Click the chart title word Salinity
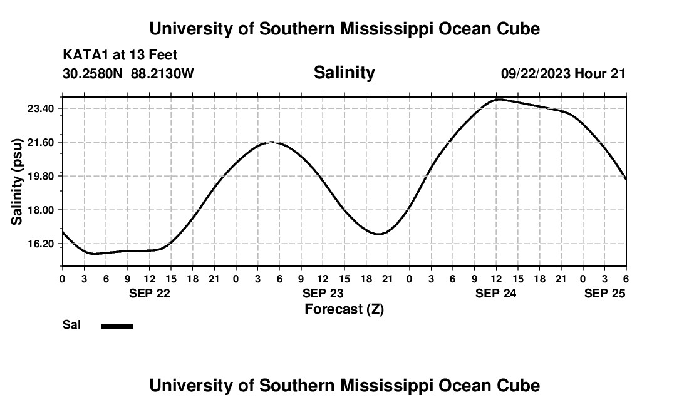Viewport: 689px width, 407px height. coord(344,73)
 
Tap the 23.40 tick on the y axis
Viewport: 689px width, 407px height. coord(41,109)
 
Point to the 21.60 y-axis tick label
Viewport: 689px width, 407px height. coord(41,143)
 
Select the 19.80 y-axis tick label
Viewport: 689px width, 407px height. coord(41,176)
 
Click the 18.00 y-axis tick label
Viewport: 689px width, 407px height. coord(41,210)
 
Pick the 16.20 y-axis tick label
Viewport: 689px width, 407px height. coord(41,244)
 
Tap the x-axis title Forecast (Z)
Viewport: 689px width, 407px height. coord(344,309)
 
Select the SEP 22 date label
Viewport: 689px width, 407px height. coord(149,293)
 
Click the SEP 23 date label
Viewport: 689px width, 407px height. coord(323,293)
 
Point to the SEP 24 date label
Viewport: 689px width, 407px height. coord(496,293)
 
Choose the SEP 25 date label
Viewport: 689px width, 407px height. coord(605,293)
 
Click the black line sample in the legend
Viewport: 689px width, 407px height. coord(117,326)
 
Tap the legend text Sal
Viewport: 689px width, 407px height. coord(71,325)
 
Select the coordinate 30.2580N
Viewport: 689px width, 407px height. coord(94,73)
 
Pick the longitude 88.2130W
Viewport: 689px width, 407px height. coord(162,73)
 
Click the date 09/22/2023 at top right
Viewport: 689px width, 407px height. coord(536,74)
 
